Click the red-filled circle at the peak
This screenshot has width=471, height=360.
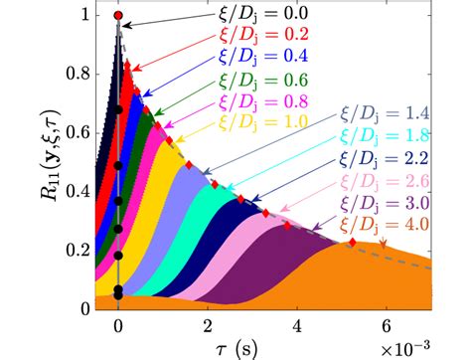[118, 16]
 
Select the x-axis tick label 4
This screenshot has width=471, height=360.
[296, 323]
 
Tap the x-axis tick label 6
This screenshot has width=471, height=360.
[385, 323]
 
